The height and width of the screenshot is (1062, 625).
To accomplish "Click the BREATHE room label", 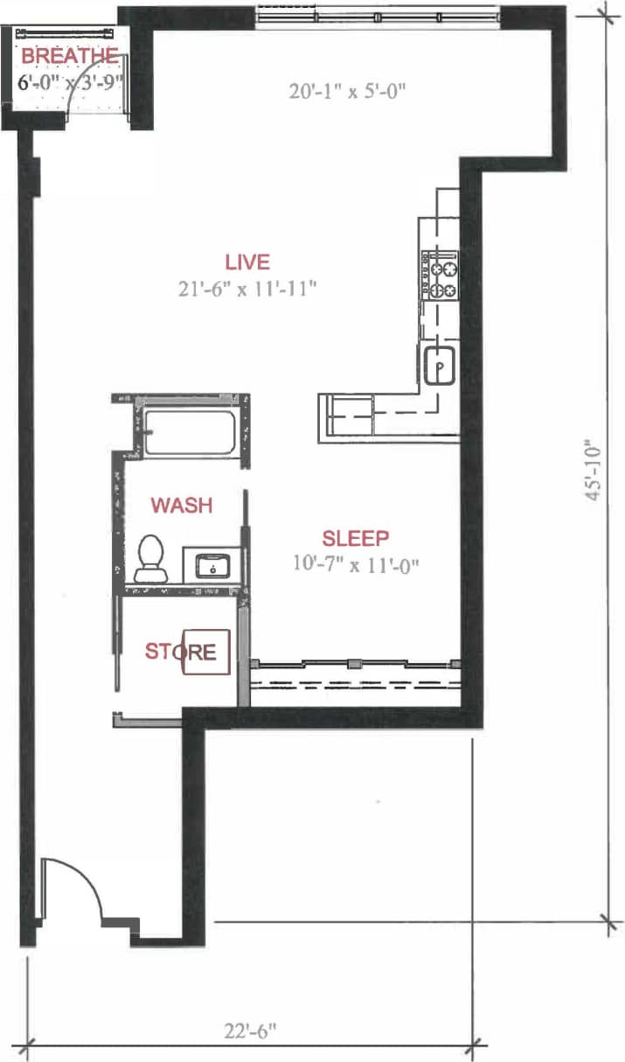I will pyautogui.click(x=69, y=56).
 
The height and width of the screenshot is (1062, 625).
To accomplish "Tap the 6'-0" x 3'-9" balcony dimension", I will pyautogui.click(x=69, y=84).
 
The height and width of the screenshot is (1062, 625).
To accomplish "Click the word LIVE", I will pyautogui.click(x=247, y=262).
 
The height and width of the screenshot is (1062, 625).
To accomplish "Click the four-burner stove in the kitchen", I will pyautogui.click(x=441, y=276).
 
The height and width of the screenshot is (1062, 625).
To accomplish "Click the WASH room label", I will pyautogui.click(x=182, y=506).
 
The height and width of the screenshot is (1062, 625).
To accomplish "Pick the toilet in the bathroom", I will pyautogui.click(x=152, y=559).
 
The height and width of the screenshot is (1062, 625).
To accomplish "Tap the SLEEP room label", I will pyautogui.click(x=355, y=538).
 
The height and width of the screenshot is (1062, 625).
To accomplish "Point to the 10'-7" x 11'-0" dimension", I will pyautogui.click(x=357, y=563).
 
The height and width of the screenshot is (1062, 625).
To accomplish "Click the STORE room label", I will pyautogui.click(x=180, y=652).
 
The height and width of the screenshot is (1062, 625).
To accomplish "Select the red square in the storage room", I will pyautogui.click(x=207, y=653).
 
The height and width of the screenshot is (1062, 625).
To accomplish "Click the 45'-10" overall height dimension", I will pyautogui.click(x=596, y=469).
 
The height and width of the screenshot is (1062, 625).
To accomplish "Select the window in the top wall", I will pyautogui.click(x=378, y=16).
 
